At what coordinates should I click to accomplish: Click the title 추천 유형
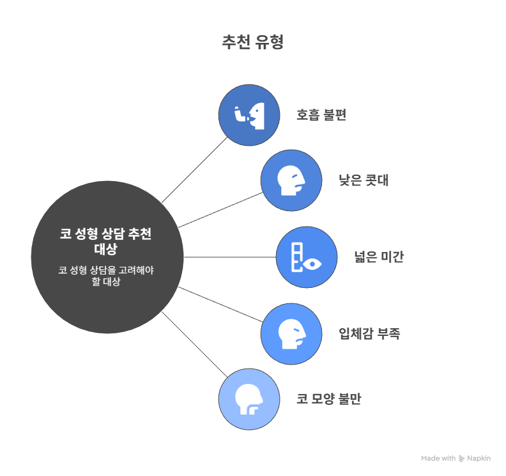252,42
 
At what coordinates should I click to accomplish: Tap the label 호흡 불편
321,115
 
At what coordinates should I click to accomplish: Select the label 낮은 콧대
364,180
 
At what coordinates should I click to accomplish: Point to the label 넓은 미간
379,257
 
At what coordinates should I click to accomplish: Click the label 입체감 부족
369,333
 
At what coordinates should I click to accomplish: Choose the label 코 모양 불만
329,399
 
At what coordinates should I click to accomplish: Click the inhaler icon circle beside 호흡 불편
249,115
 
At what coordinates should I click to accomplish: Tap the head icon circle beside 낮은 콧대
291,180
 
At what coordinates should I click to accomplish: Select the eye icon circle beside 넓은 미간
307,257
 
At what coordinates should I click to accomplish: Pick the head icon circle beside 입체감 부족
291,334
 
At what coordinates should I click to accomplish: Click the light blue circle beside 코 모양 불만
249,399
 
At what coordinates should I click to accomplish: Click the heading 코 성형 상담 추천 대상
105,241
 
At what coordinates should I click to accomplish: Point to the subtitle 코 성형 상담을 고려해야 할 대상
106,276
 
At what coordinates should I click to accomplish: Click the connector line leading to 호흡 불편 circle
195,170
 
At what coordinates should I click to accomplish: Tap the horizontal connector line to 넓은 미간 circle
230,257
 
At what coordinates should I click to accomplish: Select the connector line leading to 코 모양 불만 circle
195,344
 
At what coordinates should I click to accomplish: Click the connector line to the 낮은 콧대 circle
220,210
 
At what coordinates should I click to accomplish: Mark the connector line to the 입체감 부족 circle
220,305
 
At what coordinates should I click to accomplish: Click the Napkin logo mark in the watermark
462,459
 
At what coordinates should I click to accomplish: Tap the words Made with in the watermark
438,458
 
